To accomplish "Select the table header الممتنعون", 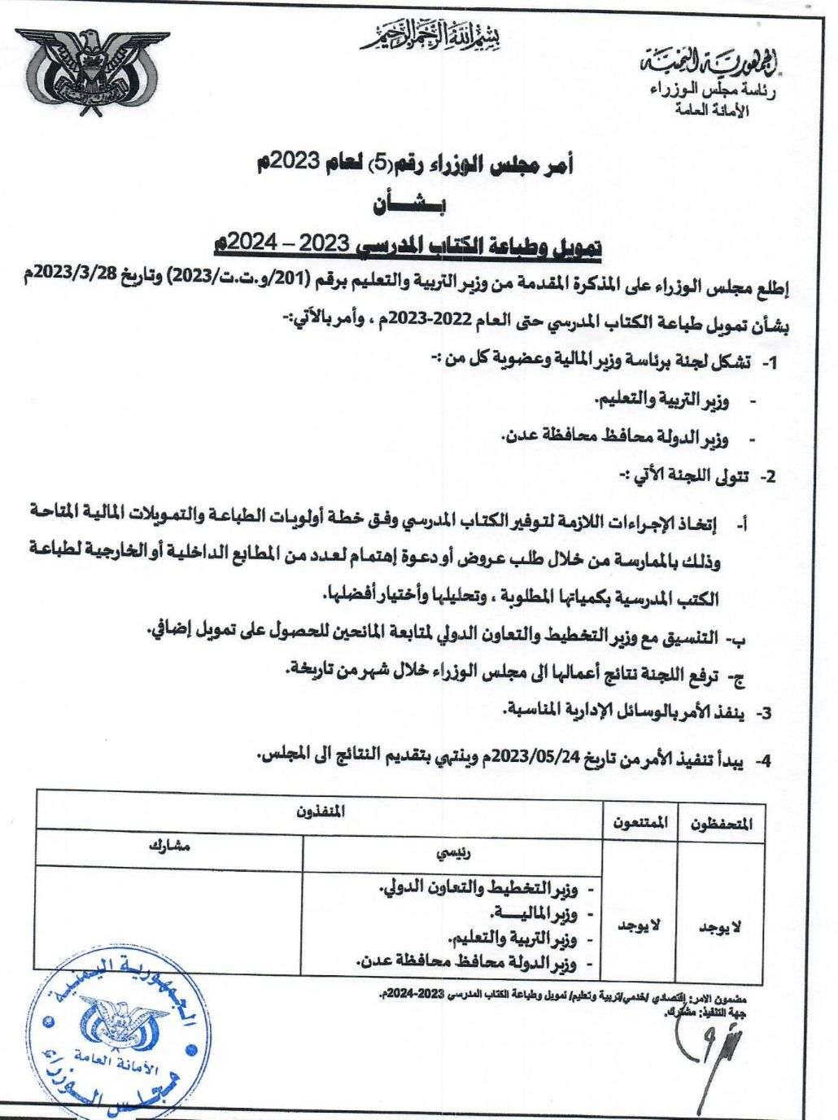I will point(639,824).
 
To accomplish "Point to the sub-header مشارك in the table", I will point(169,847).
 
